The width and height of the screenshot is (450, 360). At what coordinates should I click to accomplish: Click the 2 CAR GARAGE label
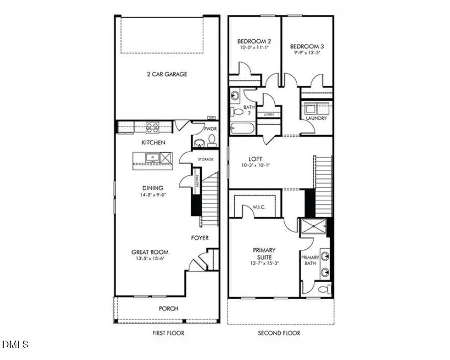point(167,74)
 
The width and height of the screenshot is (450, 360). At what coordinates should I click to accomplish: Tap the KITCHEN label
point(153,142)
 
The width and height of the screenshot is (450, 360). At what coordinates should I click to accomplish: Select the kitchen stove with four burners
point(152,127)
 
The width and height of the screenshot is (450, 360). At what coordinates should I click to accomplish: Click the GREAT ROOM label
point(150,252)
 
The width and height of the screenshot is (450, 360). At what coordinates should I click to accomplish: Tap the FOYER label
point(200,238)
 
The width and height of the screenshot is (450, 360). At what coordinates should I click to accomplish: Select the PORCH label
point(168,308)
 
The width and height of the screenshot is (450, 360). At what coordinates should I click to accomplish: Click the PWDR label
point(210,129)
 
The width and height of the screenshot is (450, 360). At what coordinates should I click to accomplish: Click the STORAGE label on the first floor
point(205,160)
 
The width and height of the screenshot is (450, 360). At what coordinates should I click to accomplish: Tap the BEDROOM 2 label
point(253,41)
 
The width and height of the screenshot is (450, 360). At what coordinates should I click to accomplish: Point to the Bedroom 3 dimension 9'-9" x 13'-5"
point(307,53)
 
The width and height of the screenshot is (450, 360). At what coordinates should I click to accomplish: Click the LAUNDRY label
point(316,118)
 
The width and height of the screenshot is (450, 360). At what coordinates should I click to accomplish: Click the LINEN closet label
point(268,114)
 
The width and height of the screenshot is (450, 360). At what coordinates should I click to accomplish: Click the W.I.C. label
point(260,207)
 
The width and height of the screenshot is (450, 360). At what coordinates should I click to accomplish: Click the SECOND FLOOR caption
point(279,333)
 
